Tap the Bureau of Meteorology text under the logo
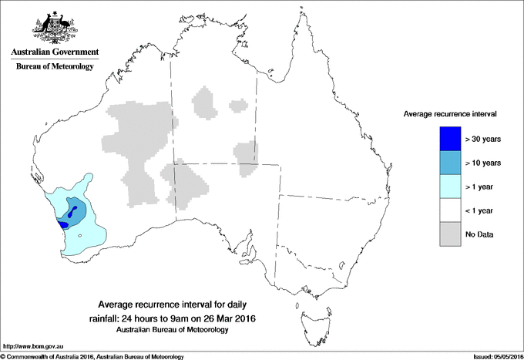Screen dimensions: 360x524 click(55, 66)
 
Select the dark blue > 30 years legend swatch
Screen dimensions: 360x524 click(449, 139)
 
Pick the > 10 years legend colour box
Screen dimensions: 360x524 click(449, 163)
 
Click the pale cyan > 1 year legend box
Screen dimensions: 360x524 click(449, 187)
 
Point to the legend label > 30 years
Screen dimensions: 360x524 click(483, 139)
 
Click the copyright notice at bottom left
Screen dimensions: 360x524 click(92, 356)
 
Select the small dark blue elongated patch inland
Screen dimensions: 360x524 click(72, 211)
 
